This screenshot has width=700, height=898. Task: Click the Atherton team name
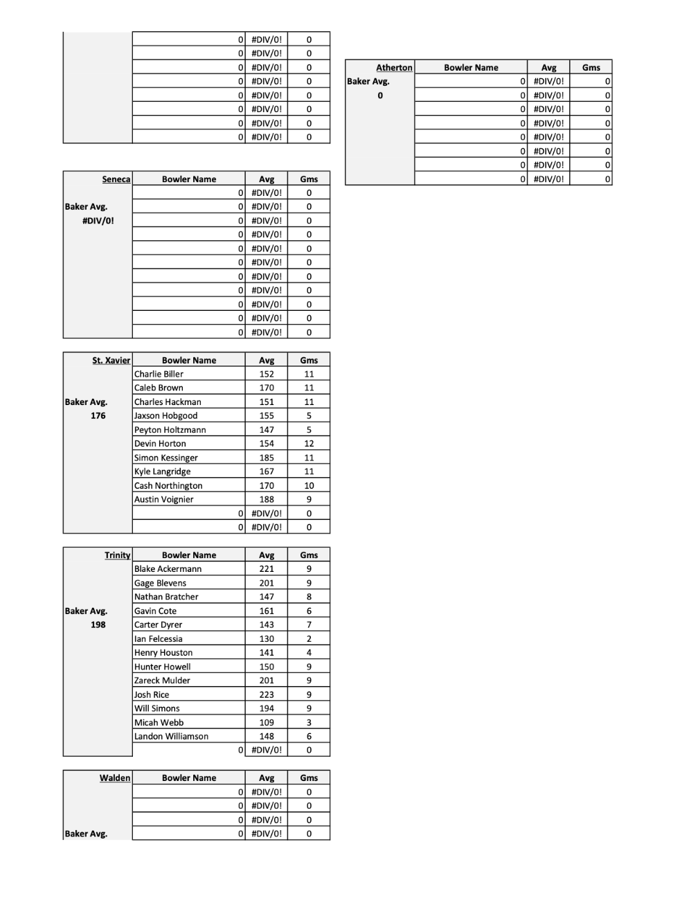coord(394,67)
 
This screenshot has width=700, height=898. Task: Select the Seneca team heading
coord(116,179)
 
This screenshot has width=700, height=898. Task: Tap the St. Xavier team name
coord(111,360)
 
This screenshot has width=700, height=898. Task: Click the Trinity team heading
coord(117,555)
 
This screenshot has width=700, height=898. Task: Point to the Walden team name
coord(114,778)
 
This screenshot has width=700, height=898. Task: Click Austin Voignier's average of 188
coord(267,499)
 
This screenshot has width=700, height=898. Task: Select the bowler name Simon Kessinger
coord(166,458)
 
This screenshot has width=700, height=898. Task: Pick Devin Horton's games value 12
coord(309,444)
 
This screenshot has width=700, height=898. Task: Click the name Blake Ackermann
coord(168,569)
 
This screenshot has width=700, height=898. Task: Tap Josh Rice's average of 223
coord(267,694)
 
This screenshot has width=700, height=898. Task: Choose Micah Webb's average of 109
coord(267,722)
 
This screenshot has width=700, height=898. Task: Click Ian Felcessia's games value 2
coord(309,639)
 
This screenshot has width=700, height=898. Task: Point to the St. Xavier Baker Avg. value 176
coord(98,415)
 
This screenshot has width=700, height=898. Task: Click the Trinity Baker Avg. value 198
coord(98,625)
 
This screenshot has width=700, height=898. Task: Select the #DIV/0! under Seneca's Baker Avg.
coord(98,221)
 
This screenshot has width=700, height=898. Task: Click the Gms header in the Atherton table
coord(591,67)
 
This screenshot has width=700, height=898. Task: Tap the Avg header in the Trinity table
coord(267,555)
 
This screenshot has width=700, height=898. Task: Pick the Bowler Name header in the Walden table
coord(189,778)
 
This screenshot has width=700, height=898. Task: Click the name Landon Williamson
coord(171,737)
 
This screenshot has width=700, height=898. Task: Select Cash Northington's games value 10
coord(309,485)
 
